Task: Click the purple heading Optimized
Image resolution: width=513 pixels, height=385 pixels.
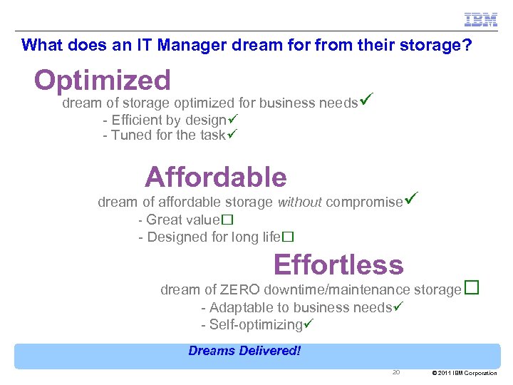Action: [103, 81]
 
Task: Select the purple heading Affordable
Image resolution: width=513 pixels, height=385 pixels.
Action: [215, 177]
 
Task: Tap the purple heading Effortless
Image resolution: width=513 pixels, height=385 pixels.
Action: [338, 265]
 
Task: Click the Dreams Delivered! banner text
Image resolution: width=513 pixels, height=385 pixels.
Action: [244, 351]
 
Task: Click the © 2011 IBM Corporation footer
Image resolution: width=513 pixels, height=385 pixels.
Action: [465, 373]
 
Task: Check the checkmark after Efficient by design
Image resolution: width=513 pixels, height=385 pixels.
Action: [232, 119]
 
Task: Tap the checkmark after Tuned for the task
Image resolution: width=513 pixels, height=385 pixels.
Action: [231, 135]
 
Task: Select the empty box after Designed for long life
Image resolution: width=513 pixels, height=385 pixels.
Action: [288, 237]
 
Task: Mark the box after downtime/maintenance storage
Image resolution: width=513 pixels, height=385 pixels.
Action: [471, 288]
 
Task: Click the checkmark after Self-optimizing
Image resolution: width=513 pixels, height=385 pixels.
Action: [309, 324]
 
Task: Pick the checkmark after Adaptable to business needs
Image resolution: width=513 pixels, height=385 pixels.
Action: [399, 307]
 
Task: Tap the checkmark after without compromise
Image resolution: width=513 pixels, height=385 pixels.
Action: [410, 200]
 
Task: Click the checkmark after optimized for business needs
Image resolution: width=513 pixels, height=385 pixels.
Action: [366, 101]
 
